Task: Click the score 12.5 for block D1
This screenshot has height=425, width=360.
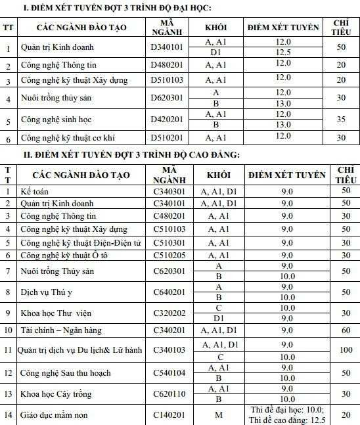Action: (283, 53)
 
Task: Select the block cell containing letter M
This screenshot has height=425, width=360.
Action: (219, 415)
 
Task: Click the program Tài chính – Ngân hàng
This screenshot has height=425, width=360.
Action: (61, 330)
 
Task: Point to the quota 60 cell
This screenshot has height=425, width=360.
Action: (343, 330)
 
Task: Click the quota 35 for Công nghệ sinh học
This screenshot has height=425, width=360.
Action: (340, 120)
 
